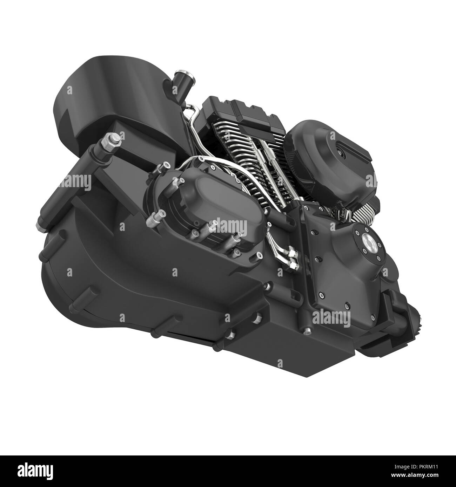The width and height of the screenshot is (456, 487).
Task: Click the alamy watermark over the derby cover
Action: pos(230,226)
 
